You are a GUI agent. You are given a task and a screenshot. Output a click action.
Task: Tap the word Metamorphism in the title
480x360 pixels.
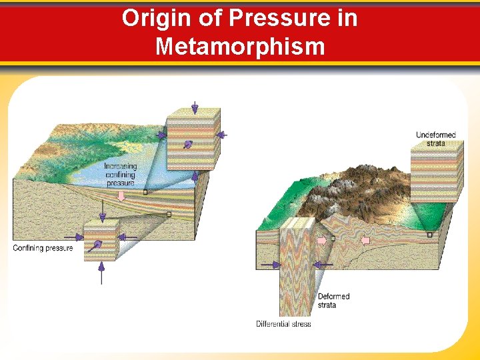[x=240, y=47]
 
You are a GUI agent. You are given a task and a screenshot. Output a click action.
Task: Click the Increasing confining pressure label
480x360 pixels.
[x=120, y=175]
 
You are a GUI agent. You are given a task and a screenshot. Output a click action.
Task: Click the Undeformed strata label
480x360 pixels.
[x=436, y=139]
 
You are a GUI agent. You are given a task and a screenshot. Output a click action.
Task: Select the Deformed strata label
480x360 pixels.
[x=333, y=301]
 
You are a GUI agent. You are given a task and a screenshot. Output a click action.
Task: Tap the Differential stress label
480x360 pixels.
[x=283, y=324]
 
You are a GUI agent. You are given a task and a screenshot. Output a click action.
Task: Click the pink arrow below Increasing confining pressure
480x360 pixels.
[x=121, y=195]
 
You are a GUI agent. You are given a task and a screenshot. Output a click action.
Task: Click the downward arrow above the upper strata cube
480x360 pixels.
[x=195, y=107]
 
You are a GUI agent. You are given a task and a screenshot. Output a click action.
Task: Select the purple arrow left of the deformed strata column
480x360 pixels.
[x=270, y=265]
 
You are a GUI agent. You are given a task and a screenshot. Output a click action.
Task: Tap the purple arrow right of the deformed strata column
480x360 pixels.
[x=323, y=265]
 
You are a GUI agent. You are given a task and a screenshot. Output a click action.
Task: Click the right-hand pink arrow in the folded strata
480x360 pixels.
[x=365, y=239]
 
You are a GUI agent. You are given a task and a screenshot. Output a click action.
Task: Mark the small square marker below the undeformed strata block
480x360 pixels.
[x=429, y=235]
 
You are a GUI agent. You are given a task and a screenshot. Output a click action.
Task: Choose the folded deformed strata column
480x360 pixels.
[x=297, y=267]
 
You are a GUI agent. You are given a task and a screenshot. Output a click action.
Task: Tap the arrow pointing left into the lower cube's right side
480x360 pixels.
[x=128, y=237]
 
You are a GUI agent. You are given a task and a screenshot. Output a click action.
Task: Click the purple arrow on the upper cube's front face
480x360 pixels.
[x=188, y=145]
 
